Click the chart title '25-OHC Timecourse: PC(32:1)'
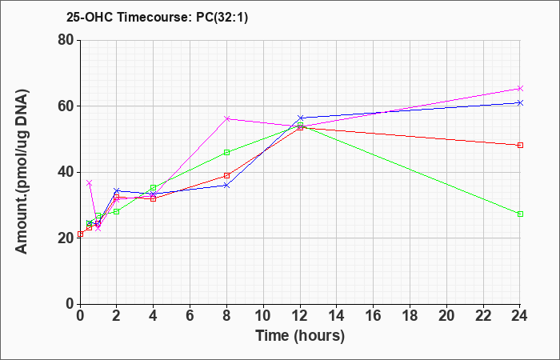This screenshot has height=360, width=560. [157, 17]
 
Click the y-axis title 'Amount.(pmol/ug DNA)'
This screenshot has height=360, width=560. [22, 172]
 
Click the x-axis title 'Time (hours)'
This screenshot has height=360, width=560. [300, 336]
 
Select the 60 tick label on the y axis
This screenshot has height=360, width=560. [66, 106]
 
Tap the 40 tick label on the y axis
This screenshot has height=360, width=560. [66, 172]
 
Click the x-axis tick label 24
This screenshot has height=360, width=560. [520, 316]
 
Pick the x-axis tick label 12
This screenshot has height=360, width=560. [300, 316]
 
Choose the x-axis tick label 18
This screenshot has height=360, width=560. [410, 316]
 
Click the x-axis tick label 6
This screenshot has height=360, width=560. [190, 316]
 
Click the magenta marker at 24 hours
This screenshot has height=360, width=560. [520, 88]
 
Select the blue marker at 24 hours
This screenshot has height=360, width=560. [520, 103]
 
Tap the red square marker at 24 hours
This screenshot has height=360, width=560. [520, 145]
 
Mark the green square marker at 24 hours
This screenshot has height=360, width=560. [520, 214]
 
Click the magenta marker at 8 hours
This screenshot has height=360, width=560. [226, 118]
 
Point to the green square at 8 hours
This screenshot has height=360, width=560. [226, 153]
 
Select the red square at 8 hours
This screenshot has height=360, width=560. [226, 175]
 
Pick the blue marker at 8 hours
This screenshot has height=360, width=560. [226, 186]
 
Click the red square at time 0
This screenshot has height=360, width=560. [80, 234]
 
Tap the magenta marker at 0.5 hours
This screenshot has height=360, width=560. [90, 183]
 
